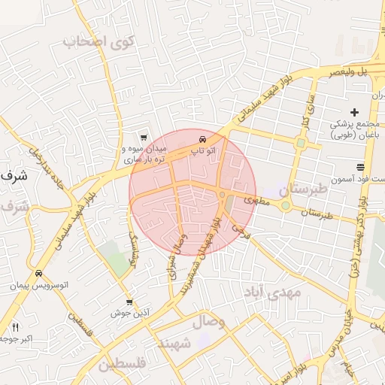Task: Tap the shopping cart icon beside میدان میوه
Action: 143,137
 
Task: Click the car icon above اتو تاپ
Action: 203,140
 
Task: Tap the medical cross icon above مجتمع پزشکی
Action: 354,112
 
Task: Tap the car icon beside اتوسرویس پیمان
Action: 38,274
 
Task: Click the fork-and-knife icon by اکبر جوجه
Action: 14,327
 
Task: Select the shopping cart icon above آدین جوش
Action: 129,302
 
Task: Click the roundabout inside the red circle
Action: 223,196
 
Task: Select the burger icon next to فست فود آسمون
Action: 361,166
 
